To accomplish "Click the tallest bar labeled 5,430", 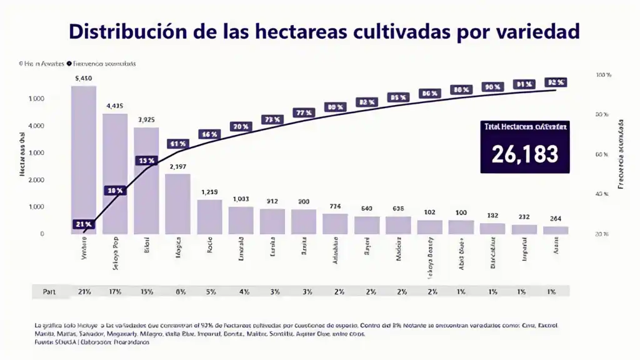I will tap(84, 159).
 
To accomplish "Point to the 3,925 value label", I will tap(146, 119).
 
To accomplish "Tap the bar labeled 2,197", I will tap(177, 204).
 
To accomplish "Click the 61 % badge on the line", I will tap(177, 144).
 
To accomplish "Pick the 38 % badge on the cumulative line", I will tap(115, 191).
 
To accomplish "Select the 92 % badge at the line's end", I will tap(556, 82).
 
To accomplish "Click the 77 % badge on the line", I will tap(303, 113).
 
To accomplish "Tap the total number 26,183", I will tap(524, 154).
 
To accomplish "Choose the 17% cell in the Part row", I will tap(115, 292).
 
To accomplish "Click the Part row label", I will tap(49, 292).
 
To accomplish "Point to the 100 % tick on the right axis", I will tap(604, 75).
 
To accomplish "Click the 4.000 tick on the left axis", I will tap(36, 126).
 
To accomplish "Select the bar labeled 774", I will tap(335, 224).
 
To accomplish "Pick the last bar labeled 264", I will tap(556, 230).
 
